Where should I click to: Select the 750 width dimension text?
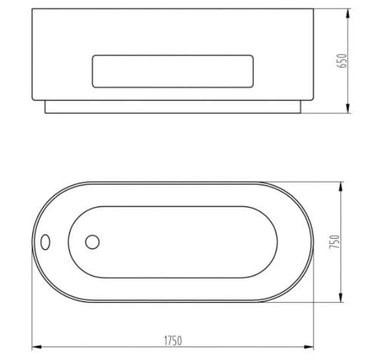pyautogui.click(x=334, y=242)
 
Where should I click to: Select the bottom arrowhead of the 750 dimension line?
pyautogui.click(x=340, y=298)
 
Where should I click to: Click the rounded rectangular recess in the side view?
pyautogui.click(x=172, y=71)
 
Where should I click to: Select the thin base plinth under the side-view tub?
pyautogui.click(x=172, y=107)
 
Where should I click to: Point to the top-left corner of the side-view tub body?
pyautogui.click(x=32, y=9)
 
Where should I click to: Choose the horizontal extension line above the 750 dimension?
pyautogui.click(x=303, y=182)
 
